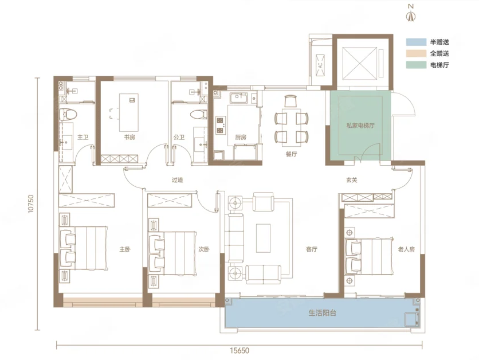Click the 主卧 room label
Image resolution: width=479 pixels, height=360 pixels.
pos(125,249)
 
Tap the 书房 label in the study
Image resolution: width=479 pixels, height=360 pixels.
pos(129,137)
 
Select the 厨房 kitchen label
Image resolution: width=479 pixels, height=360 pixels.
pos(241,137)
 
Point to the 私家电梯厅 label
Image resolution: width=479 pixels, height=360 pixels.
pos(360,126)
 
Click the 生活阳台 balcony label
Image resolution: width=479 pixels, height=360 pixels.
pos(323,313)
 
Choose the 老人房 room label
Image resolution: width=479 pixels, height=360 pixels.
pos(407,249)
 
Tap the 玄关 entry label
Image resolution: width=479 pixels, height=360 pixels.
pos(352,180)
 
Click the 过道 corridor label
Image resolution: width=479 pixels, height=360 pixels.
pos(177,180)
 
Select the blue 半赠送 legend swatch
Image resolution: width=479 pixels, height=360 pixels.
pos(416,42)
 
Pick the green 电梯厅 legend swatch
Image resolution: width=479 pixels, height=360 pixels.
pos(416,65)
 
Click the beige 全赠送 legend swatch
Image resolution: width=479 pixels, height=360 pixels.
pos(416,53)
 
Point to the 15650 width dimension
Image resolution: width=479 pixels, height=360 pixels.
pos(239,350)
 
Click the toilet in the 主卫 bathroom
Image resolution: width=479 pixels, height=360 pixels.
pos(68,115)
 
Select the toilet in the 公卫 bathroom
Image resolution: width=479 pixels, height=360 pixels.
pos(199,115)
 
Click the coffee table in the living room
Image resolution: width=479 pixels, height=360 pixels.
pos(263,238)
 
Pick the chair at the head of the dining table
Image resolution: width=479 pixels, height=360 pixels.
pos(290,101)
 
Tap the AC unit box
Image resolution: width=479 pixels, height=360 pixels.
pos(320,65)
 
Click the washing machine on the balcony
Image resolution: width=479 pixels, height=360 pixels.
pos(412,320)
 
